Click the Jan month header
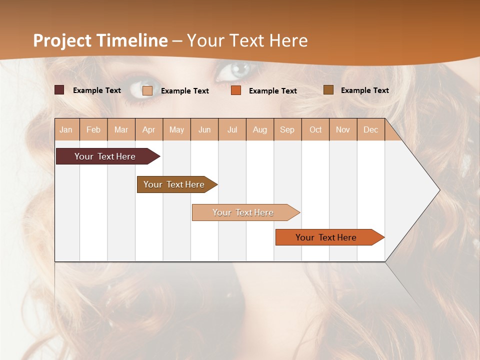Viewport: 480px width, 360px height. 66,129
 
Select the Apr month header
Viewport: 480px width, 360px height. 149,129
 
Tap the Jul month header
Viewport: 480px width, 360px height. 232,129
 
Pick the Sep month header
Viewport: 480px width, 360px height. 287,129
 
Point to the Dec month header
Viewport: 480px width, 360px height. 370,129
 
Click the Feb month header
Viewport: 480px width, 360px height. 93,129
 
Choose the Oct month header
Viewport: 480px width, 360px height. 315,129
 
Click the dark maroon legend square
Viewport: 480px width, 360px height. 59,90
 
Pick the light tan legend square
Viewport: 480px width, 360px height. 147,90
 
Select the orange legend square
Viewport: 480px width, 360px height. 236,90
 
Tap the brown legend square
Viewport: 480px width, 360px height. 328,90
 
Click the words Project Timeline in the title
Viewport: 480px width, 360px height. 100,40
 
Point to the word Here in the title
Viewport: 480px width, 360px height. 288,40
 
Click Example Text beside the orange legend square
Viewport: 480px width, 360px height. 272,91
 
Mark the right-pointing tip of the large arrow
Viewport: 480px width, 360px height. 439,190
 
